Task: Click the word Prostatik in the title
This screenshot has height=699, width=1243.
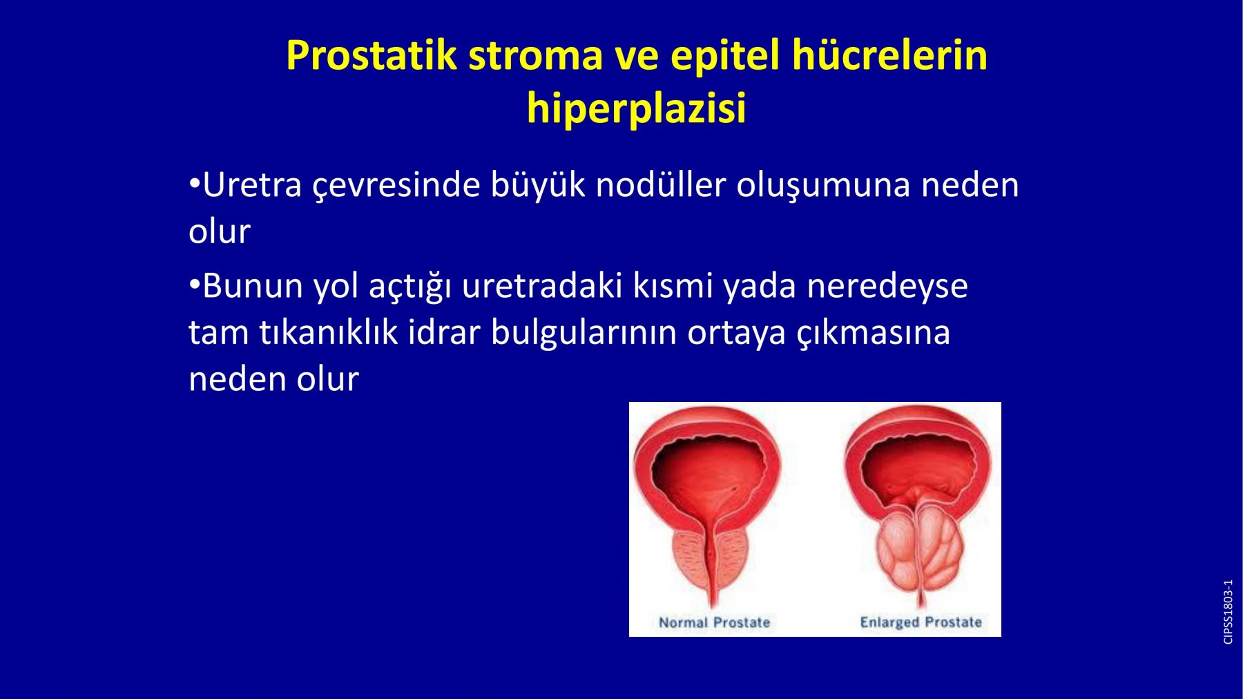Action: point(372,55)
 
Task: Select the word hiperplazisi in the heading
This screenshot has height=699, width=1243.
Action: point(636,109)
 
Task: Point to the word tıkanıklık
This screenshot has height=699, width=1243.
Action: point(329,332)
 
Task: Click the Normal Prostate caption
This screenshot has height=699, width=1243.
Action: point(714,622)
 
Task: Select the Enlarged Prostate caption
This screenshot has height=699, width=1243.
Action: point(921,622)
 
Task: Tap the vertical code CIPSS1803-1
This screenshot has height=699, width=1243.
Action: point(1228,612)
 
